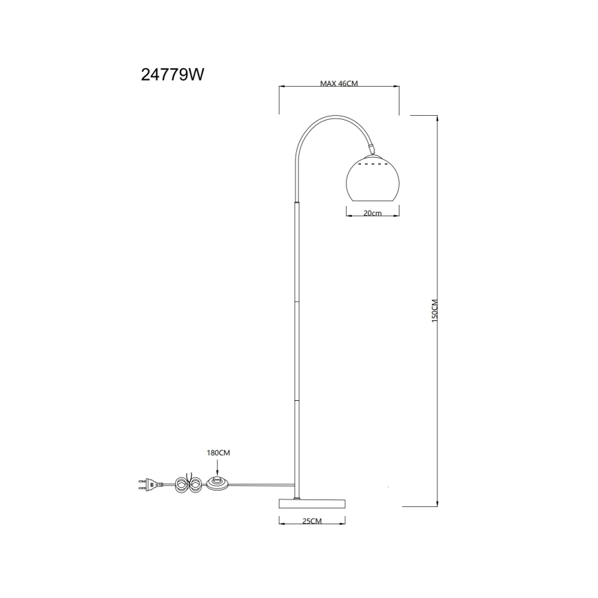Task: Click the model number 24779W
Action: pos(172,75)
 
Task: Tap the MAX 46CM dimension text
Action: pos(339,83)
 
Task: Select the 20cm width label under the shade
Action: pos(372,214)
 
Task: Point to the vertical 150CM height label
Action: pos(435,311)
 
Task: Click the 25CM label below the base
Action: pos(312,521)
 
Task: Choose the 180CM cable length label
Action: pos(218,453)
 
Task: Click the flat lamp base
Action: pos(312,502)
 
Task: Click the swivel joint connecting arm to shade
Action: pos(371,148)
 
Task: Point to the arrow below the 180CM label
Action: pos(218,468)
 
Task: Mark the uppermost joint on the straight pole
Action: pos(297,203)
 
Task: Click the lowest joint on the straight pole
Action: pos(297,400)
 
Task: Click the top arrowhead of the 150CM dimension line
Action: pos(438,117)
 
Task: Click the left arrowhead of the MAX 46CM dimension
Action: pos(280,87)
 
